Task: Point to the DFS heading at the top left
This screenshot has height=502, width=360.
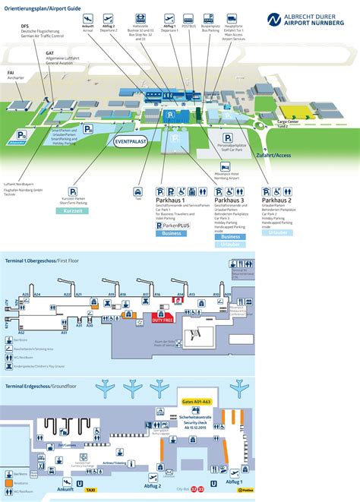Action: (x=26, y=25)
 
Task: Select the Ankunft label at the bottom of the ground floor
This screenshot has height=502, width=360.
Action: (x=55, y=491)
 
